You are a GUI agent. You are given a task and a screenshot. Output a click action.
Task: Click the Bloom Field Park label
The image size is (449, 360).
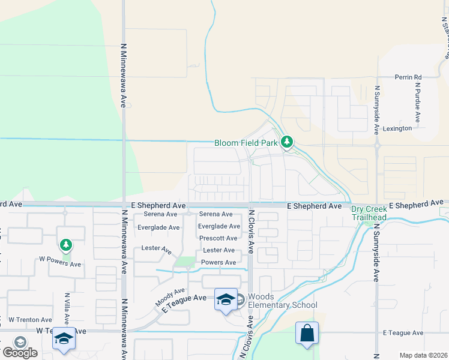pyautogui.click(x=246, y=143)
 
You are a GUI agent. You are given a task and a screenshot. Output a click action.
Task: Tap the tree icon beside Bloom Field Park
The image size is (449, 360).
pyautogui.click(x=288, y=142)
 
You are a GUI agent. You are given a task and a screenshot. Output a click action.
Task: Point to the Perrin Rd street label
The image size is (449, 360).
pyautogui.click(x=408, y=77)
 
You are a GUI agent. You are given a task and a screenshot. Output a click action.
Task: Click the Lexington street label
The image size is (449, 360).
pyautogui.click(x=397, y=128)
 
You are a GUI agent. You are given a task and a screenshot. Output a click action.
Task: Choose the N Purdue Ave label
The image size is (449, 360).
pyautogui.click(x=417, y=100)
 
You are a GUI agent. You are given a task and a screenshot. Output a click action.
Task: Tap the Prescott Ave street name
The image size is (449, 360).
pyautogui.click(x=218, y=238)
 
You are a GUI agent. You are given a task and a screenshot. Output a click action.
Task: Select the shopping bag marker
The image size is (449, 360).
pyautogui.click(x=307, y=334)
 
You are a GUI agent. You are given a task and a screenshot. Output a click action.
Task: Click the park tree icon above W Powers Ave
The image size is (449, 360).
pyautogui.click(x=66, y=245)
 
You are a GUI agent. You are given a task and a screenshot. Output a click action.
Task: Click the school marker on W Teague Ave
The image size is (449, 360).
pyautogui.click(x=64, y=339)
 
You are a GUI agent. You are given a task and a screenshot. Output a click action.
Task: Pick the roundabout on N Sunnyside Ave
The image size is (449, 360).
pyautogui.click(x=377, y=145)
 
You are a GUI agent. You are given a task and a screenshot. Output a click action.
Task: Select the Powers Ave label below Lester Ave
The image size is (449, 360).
pyautogui.click(x=218, y=262)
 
